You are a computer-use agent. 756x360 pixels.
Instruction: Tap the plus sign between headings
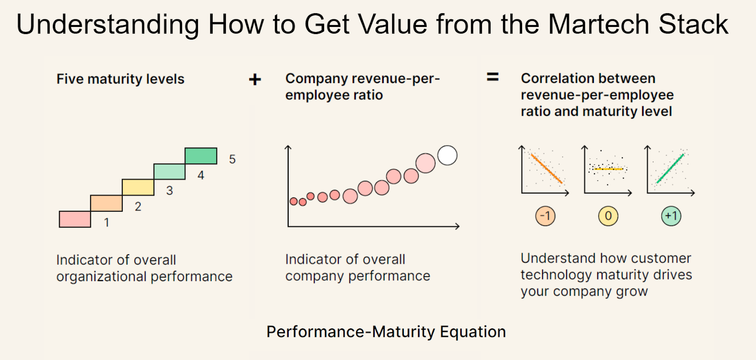tap(255, 79)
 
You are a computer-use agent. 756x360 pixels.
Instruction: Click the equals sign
tap(493, 77)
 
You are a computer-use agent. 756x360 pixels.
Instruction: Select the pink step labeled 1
tap(75, 219)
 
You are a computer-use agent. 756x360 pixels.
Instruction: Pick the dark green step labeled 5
tap(201, 156)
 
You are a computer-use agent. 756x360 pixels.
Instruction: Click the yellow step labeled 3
tap(138, 187)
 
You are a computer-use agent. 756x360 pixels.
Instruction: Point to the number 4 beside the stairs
tap(201, 175)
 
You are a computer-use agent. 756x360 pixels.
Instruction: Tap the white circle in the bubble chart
tap(447, 155)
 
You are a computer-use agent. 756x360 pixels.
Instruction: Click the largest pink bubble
tap(425, 163)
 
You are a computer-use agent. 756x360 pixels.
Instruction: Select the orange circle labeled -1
tap(545, 216)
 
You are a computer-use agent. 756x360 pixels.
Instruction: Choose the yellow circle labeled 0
tap(608, 216)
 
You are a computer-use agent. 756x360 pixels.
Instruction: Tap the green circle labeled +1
tap(671, 216)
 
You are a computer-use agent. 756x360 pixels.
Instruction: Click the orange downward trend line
tap(546, 168)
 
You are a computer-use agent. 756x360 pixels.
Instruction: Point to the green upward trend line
tap(670, 168)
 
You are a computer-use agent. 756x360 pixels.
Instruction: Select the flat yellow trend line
tap(609, 169)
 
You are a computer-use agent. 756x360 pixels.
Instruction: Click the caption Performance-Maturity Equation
tap(386, 332)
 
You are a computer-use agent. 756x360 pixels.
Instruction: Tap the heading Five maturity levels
tap(120, 79)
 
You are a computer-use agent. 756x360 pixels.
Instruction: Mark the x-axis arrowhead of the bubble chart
tap(457, 226)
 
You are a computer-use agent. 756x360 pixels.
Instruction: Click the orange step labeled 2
tap(106, 203)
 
